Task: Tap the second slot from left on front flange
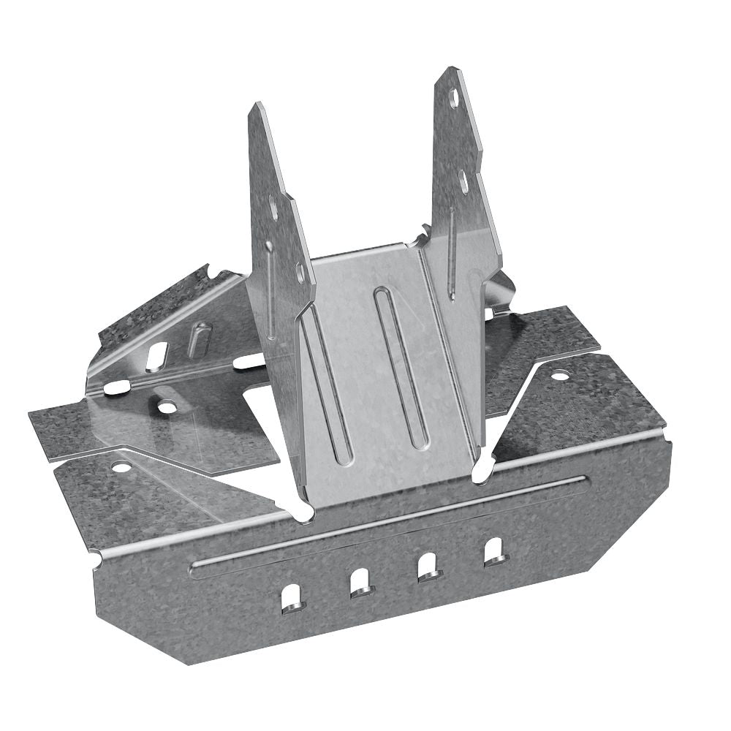coord(360,582)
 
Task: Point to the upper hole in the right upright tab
coord(454,99)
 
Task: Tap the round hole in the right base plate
coord(559,376)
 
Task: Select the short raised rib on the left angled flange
coord(198,341)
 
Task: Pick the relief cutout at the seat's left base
coord(301,507)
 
